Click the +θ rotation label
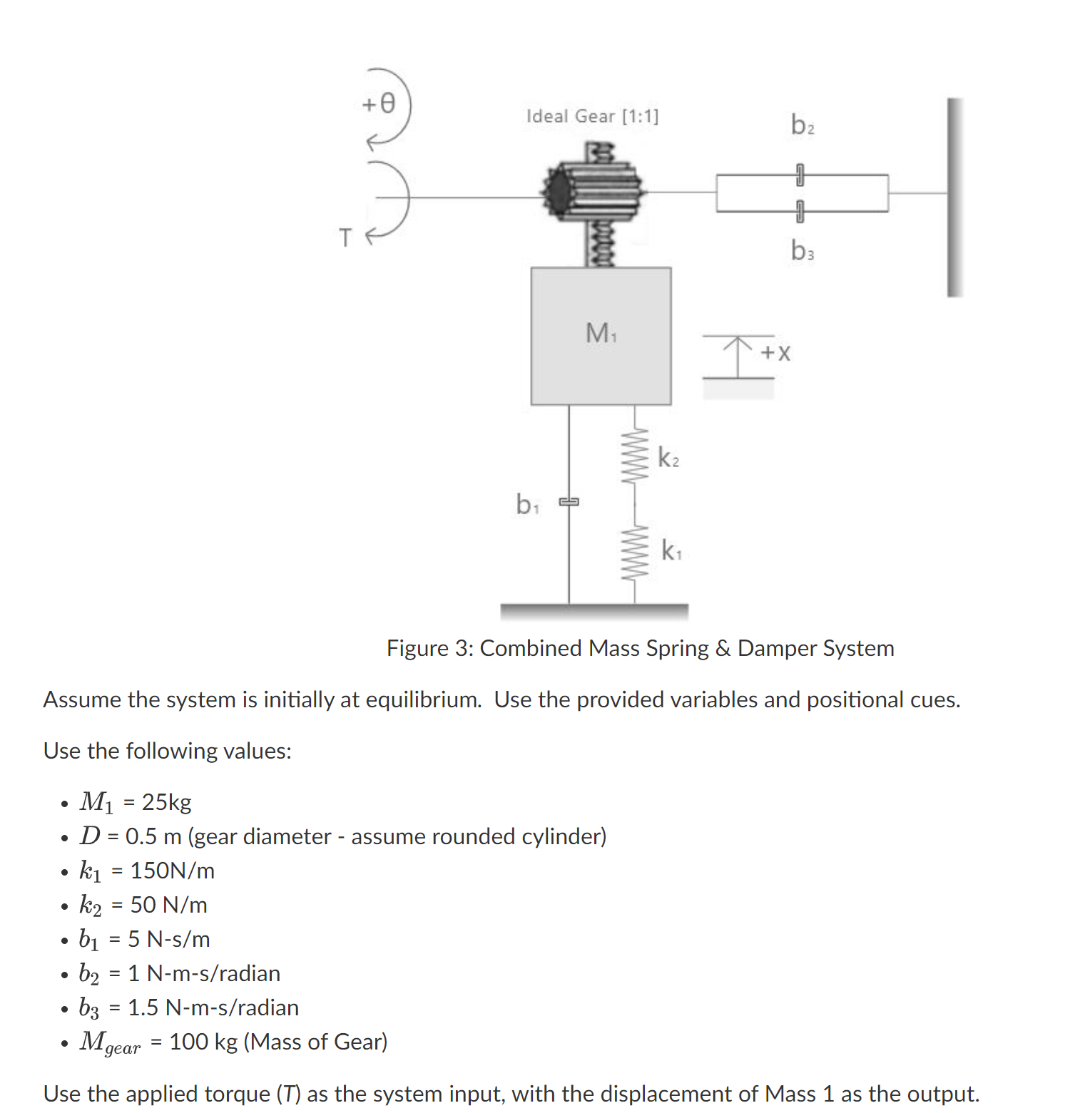[x=378, y=104]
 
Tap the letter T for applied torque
[x=345, y=237]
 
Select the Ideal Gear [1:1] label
[x=592, y=116]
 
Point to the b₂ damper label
[x=802, y=125]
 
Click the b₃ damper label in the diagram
[x=802, y=250]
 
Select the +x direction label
[x=776, y=352]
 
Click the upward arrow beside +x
[x=738, y=355]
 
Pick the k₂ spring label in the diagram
[x=668, y=457]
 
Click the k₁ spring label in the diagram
[x=671, y=550]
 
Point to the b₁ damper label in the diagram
[x=527, y=505]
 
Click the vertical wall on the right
[x=954, y=197]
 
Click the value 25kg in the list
[x=166, y=802]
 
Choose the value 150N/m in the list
[x=172, y=871]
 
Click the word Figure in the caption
[x=417, y=648]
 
